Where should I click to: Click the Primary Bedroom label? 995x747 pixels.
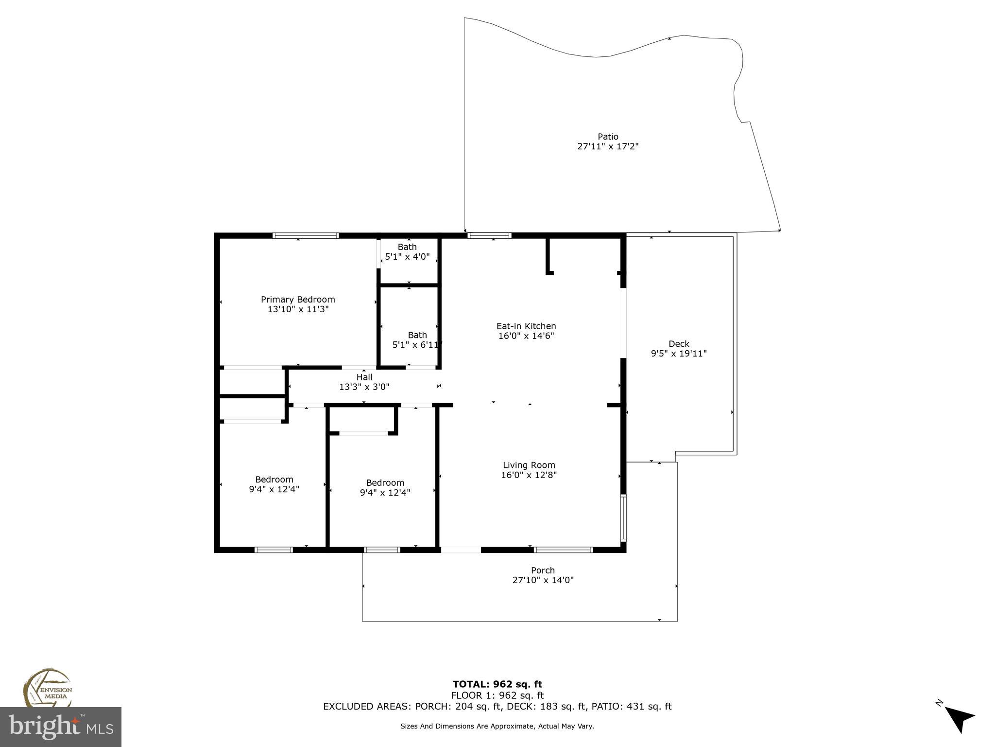pyautogui.click(x=298, y=300)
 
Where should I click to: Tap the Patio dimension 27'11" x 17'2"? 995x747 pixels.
pyautogui.click(x=607, y=146)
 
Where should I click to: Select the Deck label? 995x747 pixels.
pyautogui.click(x=679, y=344)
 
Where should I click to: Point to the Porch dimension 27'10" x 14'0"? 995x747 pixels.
pyautogui.click(x=543, y=580)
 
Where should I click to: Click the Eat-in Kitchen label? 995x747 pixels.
pyautogui.click(x=526, y=326)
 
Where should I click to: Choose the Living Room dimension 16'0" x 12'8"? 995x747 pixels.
pyautogui.click(x=529, y=475)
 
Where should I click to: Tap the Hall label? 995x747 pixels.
pyautogui.click(x=364, y=377)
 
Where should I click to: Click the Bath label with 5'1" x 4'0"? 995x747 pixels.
pyautogui.click(x=407, y=247)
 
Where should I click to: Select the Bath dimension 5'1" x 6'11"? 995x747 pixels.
pyautogui.click(x=417, y=345)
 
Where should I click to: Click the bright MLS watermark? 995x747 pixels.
pyautogui.click(x=61, y=727)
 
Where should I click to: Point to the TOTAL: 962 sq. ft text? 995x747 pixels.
pyautogui.click(x=497, y=685)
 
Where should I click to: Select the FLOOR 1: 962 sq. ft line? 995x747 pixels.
pyautogui.click(x=497, y=695)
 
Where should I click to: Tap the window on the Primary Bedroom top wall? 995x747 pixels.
pyautogui.click(x=305, y=236)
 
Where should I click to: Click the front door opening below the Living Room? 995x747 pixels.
pyautogui.click(x=461, y=550)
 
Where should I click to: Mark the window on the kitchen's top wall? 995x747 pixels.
pyautogui.click(x=489, y=236)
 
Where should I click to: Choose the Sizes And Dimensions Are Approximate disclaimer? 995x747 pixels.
pyautogui.click(x=497, y=726)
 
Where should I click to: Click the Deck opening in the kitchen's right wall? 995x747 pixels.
pyautogui.click(x=623, y=323)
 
